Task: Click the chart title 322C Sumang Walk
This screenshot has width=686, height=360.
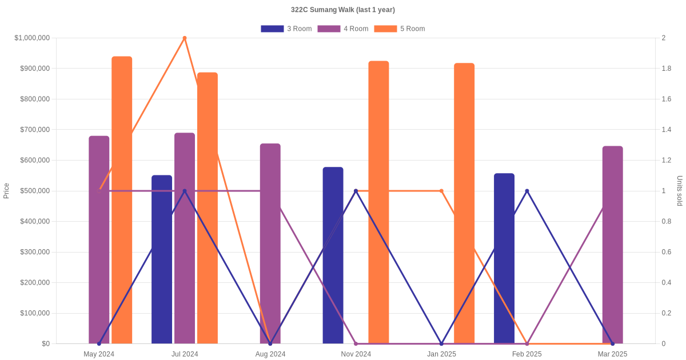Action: pyautogui.click(x=342, y=10)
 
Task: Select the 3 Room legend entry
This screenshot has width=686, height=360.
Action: pyautogui.click(x=286, y=29)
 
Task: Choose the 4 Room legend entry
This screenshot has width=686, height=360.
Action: pyautogui.click(x=342, y=29)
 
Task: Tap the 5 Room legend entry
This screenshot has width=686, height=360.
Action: pyautogui.click(x=399, y=29)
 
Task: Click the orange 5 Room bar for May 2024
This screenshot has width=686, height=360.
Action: pyautogui.click(x=122, y=200)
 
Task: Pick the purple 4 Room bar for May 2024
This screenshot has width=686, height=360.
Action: pyautogui.click(x=99, y=240)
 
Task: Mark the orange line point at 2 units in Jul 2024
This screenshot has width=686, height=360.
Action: pyautogui.click(x=185, y=38)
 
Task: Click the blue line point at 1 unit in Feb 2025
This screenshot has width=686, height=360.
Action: pyautogui.click(x=527, y=191)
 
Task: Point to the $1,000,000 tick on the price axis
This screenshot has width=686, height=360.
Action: pyautogui.click(x=33, y=38)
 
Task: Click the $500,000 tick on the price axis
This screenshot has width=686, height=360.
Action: pyautogui.click(x=35, y=191)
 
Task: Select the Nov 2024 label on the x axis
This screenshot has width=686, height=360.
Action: pyautogui.click(x=356, y=354)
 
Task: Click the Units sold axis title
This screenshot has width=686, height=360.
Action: pyautogui.click(x=680, y=191)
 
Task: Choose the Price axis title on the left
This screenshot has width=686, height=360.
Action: pyautogui.click(x=6, y=191)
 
